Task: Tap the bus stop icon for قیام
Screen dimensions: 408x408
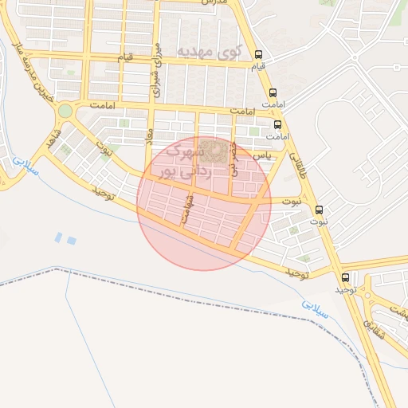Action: pos(257,56)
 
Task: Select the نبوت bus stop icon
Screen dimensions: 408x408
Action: pos(320,210)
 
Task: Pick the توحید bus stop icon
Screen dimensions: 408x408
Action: pos(345,278)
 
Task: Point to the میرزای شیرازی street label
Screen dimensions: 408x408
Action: pos(157,69)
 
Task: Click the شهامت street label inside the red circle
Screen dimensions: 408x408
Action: pos(188,210)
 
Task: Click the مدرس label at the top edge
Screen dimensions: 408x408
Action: pos(214,3)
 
